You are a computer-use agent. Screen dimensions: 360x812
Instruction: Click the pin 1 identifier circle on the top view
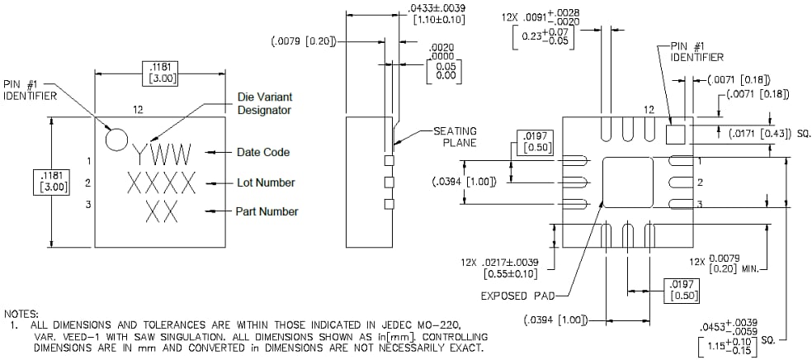117,139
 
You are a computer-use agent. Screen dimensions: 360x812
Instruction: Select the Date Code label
262,153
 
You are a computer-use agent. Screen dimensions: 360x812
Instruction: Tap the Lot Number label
265,182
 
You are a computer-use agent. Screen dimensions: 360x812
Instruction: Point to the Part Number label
267,212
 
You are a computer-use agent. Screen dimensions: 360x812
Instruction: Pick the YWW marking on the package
163,154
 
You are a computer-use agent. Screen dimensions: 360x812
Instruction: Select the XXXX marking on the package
162,182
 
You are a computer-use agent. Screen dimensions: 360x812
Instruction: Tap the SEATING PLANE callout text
457,137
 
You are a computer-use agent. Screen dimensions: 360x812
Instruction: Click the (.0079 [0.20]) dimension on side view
304,40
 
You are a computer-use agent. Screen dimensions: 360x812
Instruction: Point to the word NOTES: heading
21,314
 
